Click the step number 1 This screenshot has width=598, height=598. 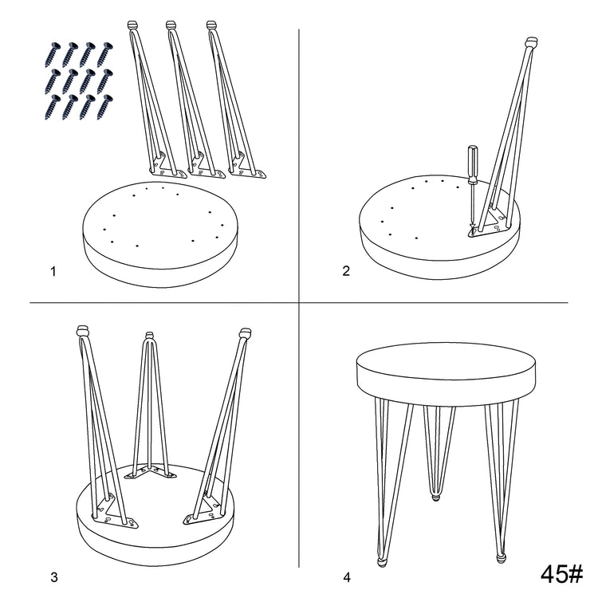click(x=53, y=272)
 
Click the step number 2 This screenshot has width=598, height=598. click(x=346, y=271)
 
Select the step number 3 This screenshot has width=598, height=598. click(x=53, y=577)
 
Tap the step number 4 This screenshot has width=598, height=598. click(x=347, y=577)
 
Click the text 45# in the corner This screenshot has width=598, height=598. click(x=561, y=573)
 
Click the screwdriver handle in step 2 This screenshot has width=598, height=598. click(x=473, y=164)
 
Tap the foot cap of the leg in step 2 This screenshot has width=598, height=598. click(x=531, y=41)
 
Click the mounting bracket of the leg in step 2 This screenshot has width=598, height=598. click(x=488, y=225)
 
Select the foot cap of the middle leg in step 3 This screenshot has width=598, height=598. click(x=150, y=335)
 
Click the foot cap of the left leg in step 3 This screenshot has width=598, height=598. click(x=83, y=330)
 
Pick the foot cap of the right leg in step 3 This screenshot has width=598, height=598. click(x=245, y=332)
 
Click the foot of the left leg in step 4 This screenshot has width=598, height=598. click(x=382, y=562)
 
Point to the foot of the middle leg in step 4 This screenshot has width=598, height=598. click(x=435, y=497)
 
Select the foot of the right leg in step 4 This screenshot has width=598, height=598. click(x=502, y=559)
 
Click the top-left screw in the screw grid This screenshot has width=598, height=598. click(x=53, y=54)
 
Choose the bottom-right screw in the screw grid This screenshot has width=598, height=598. click(x=105, y=107)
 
